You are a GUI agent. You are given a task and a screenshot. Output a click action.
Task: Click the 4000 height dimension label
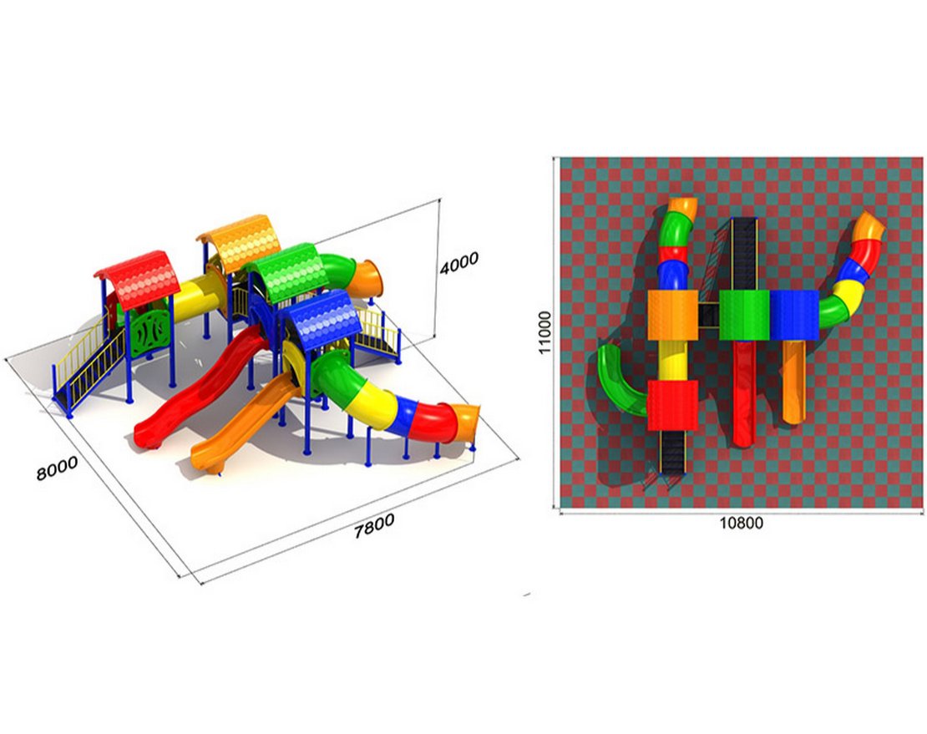(x=458, y=263)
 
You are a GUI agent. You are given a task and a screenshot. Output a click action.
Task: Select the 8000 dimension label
(x=57, y=468)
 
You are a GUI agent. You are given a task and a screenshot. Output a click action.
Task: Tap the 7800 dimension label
(x=373, y=526)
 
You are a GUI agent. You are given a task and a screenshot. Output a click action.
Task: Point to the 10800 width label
(x=741, y=524)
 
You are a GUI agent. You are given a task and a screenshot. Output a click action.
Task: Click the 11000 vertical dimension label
(x=545, y=332)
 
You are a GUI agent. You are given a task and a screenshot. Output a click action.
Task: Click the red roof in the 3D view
(x=139, y=280)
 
